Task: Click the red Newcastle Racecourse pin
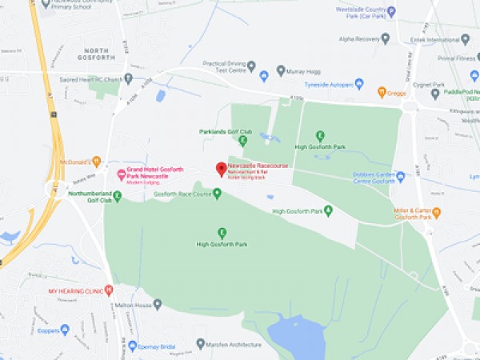tap(222, 169)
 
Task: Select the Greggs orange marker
tap(382, 92)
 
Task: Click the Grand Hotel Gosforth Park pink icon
tap(121, 174)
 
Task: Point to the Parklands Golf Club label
tap(226, 131)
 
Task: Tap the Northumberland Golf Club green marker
tap(118, 195)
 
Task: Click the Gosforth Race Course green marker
tap(217, 193)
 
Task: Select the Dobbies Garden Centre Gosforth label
tap(374, 178)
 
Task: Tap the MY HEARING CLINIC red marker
tap(109, 290)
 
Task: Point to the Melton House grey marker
tap(158, 304)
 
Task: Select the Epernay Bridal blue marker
tap(133, 346)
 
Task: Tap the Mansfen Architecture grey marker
tap(201, 345)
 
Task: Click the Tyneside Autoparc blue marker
tap(358, 83)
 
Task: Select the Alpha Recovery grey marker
tap(386, 37)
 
